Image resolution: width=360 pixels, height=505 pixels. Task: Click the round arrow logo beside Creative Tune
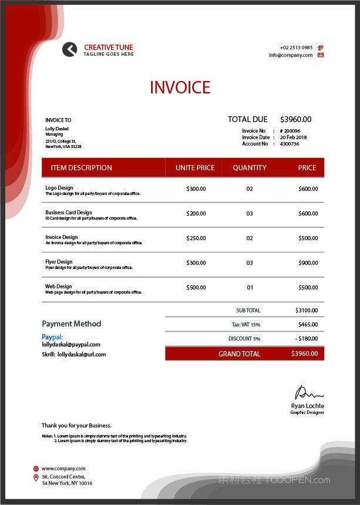(x=69, y=50)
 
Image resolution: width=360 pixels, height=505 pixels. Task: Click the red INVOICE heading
(x=180, y=87)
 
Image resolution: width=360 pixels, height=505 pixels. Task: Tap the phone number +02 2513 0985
(x=296, y=48)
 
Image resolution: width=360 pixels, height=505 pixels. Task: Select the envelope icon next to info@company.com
(x=321, y=55)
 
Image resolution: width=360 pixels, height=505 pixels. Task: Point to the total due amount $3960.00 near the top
(x=295, y=119)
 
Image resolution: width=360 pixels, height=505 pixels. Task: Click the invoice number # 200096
(x=290, y=131)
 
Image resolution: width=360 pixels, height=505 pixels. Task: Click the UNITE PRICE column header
(x=195, y=168)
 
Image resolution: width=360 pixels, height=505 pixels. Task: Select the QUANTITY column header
(x=250, y=168)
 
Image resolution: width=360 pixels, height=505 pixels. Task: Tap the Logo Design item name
(x=59, y=188)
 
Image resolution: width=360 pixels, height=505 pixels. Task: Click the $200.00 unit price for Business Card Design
(x=196, y=214)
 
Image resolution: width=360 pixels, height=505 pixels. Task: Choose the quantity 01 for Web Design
(x=250, y=288)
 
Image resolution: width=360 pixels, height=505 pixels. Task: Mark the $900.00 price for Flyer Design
(x=308, y=263)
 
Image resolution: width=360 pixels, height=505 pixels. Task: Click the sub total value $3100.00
(x=307, y=310)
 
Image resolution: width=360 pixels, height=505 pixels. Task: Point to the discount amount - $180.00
(x=307, y=339)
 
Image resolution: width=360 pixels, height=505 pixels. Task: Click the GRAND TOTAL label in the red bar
(x=239, y=354)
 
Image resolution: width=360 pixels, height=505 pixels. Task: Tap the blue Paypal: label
(x=52, y=337)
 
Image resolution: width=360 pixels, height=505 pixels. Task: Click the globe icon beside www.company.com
(x=36, y=469)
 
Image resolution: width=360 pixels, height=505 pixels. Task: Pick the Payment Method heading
(x=71, y=324)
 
